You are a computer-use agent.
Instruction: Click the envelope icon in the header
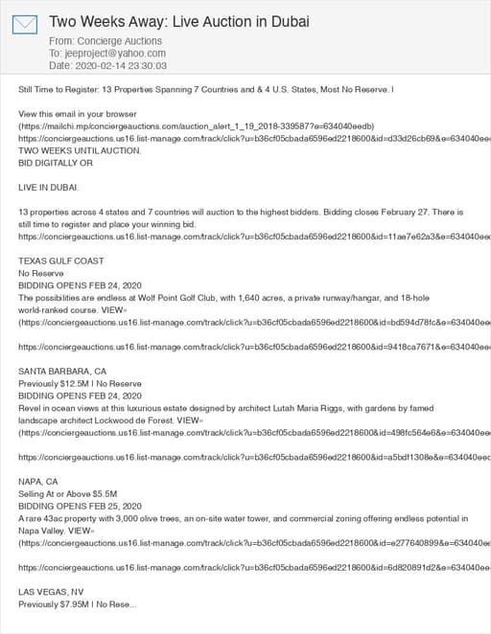[x=25, y=24]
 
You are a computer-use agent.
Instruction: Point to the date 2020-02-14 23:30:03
[x=120, y=66]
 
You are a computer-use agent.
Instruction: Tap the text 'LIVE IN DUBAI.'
[x=49, y=187]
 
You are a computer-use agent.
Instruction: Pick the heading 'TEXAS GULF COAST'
[x=61, y=260]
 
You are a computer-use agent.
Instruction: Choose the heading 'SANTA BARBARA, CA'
[x=62, y=371]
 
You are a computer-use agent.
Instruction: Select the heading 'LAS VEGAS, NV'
[x=51, y=592]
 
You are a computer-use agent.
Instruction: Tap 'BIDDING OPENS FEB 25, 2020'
[x=80, y=506]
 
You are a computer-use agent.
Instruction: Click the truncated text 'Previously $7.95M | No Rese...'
[x=78, y=604]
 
